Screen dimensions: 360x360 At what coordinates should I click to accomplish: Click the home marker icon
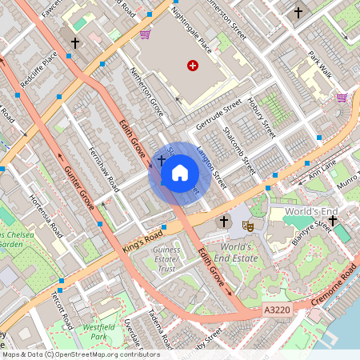(x=180, y=172)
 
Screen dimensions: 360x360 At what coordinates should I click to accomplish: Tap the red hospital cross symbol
(x=192, y=66)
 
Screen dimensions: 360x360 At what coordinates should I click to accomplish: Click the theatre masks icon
(x=249, y=227)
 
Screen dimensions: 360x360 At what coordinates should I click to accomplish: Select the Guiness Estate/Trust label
(x=166, y=259)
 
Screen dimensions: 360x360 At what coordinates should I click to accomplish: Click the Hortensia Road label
(x=46, y=216)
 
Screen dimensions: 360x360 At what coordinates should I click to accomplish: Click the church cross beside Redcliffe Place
(x=75, y=43)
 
